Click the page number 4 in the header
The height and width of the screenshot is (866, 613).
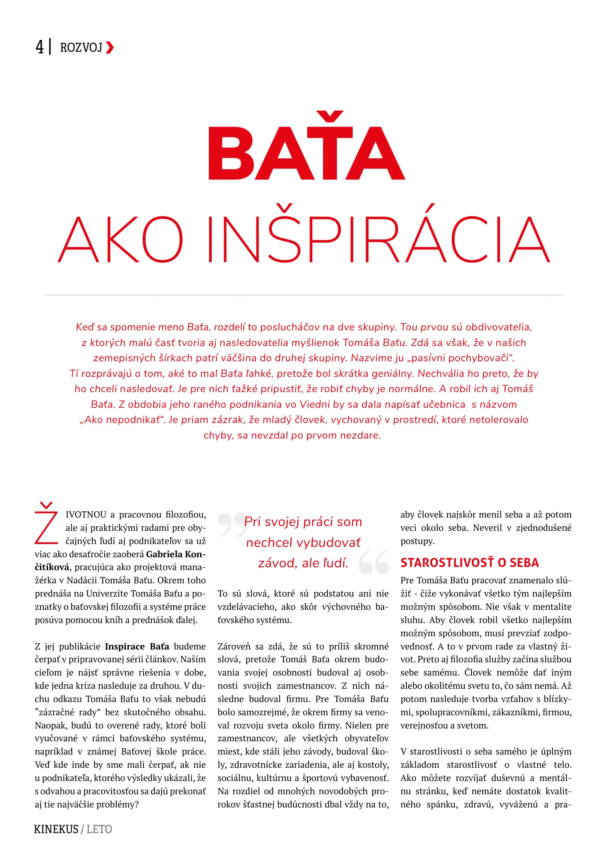(39, 47)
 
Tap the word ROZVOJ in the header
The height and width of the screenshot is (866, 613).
(81, 48)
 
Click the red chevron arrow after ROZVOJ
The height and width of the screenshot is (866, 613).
(110, 48)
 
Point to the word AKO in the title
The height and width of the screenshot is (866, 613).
(121, 239)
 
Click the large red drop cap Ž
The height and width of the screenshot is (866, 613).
(47, 523)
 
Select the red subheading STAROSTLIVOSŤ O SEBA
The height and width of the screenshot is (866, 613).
(469, 562)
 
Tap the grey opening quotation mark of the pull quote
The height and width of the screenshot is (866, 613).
(232, 524)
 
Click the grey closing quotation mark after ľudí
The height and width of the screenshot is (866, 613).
(374, 562)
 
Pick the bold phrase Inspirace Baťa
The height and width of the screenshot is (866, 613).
(137, 646)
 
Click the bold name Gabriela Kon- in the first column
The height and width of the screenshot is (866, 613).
(176, 554)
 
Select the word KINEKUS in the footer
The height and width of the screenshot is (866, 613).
(56, 829)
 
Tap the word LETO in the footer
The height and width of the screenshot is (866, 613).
(99, 829)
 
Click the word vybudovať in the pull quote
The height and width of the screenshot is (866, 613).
(328, 542)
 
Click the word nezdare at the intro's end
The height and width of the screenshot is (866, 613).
(359, 435)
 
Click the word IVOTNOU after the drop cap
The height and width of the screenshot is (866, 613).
(86, 514)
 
